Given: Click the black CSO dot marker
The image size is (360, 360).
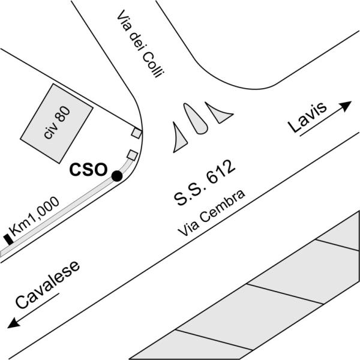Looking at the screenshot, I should pyautogui.click(x=116, y=176).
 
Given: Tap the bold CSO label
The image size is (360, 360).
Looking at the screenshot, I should pyautogui.click(x=88, y=170).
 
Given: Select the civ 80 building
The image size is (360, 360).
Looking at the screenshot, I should pyautogui.click(x=56, y=123).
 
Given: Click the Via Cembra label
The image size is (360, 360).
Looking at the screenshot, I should pyautogui.click(x=211, y=213).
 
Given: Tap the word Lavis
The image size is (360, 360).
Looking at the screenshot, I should pyautogui.click(x=306, y=118).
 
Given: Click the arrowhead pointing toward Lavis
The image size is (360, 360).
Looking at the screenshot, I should pyautogui.click(x=346, y=106).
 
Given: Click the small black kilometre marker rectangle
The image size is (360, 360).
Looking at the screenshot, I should pyautogui.click(x=8, y=239).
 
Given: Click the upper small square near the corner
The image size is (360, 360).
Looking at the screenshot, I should pyautogui.click(x=137, y=133).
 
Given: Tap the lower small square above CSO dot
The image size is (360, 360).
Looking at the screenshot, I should pyautogui.click(x=132, y=155).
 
